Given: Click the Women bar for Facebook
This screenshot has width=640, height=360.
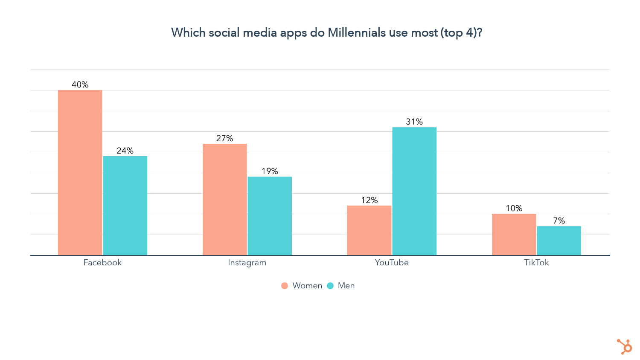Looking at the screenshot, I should (80, 173).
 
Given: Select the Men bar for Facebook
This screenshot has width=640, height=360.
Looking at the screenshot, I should (125, 206).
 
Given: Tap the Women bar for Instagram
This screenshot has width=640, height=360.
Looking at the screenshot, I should (224, 200).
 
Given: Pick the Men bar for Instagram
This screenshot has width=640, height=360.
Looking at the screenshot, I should (270, 216).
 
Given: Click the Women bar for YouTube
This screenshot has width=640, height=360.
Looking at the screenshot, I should (369, 230).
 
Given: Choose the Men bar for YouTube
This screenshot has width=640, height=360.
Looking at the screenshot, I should (414, 191).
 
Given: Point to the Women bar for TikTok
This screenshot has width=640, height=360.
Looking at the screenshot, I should (514, 235).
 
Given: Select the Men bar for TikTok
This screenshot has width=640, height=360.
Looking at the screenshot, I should (559, 241).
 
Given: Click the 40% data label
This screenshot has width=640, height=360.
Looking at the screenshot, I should (80, 84).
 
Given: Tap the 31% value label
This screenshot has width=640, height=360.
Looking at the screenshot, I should (414, 122).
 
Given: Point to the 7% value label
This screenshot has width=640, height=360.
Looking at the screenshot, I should (559, 221).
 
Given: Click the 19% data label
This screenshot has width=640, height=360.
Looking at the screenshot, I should (270, 171).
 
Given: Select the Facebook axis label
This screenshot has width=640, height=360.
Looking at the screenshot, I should (102, 263).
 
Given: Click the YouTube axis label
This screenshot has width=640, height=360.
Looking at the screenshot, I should (392, 263).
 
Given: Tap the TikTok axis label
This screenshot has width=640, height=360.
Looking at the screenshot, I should (536, 263).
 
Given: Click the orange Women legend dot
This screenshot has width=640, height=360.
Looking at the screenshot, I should (285, 286).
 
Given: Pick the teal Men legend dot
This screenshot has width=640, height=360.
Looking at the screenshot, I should (330, 286).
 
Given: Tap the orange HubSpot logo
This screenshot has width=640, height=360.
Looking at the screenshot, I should (625, 346).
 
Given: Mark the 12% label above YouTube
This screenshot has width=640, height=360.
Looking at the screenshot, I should (369, 200).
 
